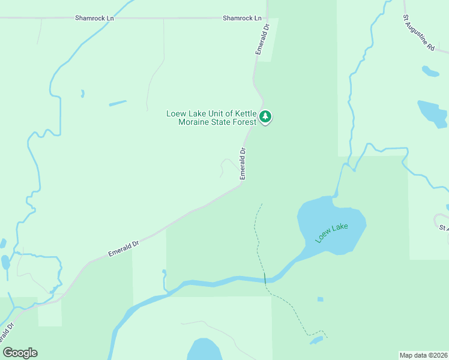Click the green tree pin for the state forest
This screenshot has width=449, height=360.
(x=265, y=116)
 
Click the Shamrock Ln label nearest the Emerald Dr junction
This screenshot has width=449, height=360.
(x=243, y=19)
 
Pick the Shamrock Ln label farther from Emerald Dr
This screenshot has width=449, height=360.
(x=95, y=19)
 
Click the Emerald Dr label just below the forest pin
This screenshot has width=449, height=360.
(x=243, y=164)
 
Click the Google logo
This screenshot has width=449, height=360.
(x=20, y=353)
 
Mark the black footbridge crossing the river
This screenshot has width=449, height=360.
(x=264, y=278)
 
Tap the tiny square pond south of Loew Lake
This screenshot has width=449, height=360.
(x=321, y=299)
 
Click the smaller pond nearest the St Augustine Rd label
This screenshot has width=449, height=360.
(x=430, y=71)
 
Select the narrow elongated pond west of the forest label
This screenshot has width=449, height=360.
(x=118, y=103)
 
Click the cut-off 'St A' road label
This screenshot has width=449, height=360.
(x=443, y=228)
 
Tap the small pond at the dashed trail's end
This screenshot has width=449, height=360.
(x=316, y=341)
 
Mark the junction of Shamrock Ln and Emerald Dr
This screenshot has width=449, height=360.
(x=267, y=18)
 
